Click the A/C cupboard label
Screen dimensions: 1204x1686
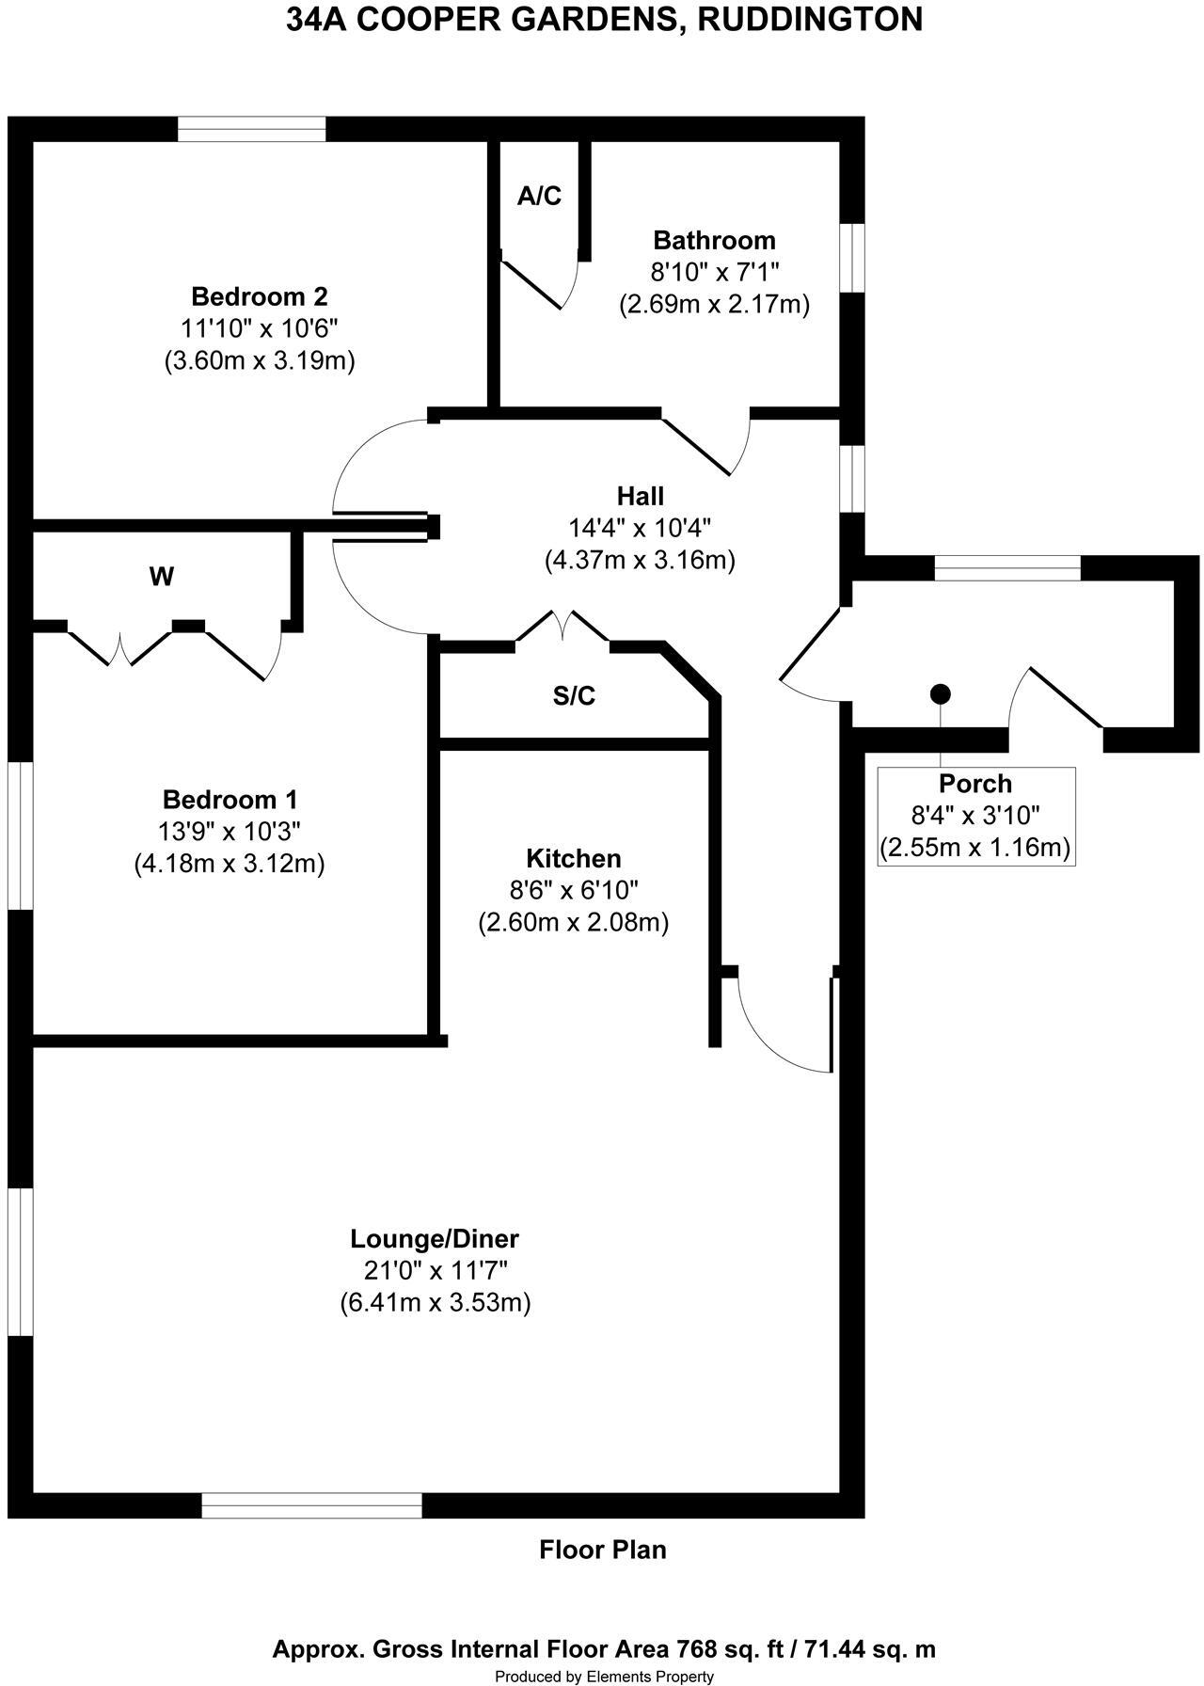point(539,196)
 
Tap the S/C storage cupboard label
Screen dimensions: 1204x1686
point(574,695)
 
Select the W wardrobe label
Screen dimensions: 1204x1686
point(161,577)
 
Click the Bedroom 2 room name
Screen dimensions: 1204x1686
point(259,296)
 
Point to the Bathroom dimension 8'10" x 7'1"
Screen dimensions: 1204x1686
point(715,272)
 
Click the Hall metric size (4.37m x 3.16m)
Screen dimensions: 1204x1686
point(640,560)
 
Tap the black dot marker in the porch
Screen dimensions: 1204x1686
point(940,694)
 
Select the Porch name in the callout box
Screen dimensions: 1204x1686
point(975,783)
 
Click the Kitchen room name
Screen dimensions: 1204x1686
point(573,858)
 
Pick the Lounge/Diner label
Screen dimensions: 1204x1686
point(435,1238)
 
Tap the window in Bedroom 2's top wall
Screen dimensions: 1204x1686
point(252,129)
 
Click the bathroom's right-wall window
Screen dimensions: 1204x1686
point(852,258)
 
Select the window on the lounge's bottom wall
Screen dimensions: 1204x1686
point(311,1504)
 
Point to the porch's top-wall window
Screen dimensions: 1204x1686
point(1007,567)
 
